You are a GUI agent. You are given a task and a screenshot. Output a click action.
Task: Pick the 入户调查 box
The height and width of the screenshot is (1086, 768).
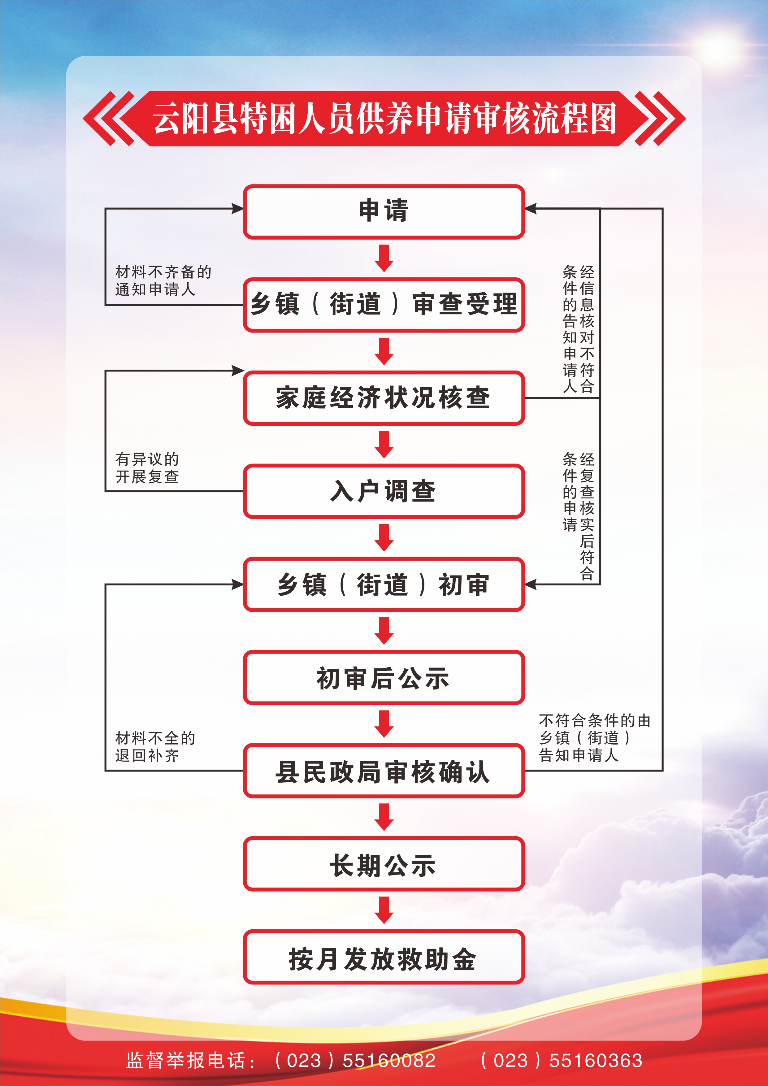[384, 491]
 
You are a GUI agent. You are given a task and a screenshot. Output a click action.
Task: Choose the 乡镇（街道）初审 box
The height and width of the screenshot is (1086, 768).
[384, 584]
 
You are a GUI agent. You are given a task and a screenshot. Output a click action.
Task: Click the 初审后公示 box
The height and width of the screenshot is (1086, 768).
[384, 677]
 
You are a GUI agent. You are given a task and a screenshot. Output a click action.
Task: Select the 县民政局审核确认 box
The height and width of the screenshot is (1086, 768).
[384, 771]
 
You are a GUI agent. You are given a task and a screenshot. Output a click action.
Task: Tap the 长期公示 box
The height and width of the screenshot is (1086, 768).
[384, 864]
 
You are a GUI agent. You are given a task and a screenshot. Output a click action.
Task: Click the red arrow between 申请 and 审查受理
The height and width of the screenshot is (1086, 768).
[384, 258]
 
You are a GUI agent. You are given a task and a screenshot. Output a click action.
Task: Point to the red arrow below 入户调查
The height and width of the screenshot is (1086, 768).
[384, 537]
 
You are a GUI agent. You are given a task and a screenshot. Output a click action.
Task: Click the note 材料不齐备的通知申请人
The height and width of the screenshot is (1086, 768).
[163, 280]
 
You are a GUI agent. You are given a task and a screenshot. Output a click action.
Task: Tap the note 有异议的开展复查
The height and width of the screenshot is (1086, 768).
[147, 467]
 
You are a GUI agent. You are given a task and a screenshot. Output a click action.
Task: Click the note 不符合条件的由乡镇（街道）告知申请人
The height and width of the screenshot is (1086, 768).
[594, 737]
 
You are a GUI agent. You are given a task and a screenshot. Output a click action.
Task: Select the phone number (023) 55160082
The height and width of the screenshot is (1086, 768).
[355, 1060]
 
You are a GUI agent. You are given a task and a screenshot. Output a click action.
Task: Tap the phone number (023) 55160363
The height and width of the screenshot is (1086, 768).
[561, 1060]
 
